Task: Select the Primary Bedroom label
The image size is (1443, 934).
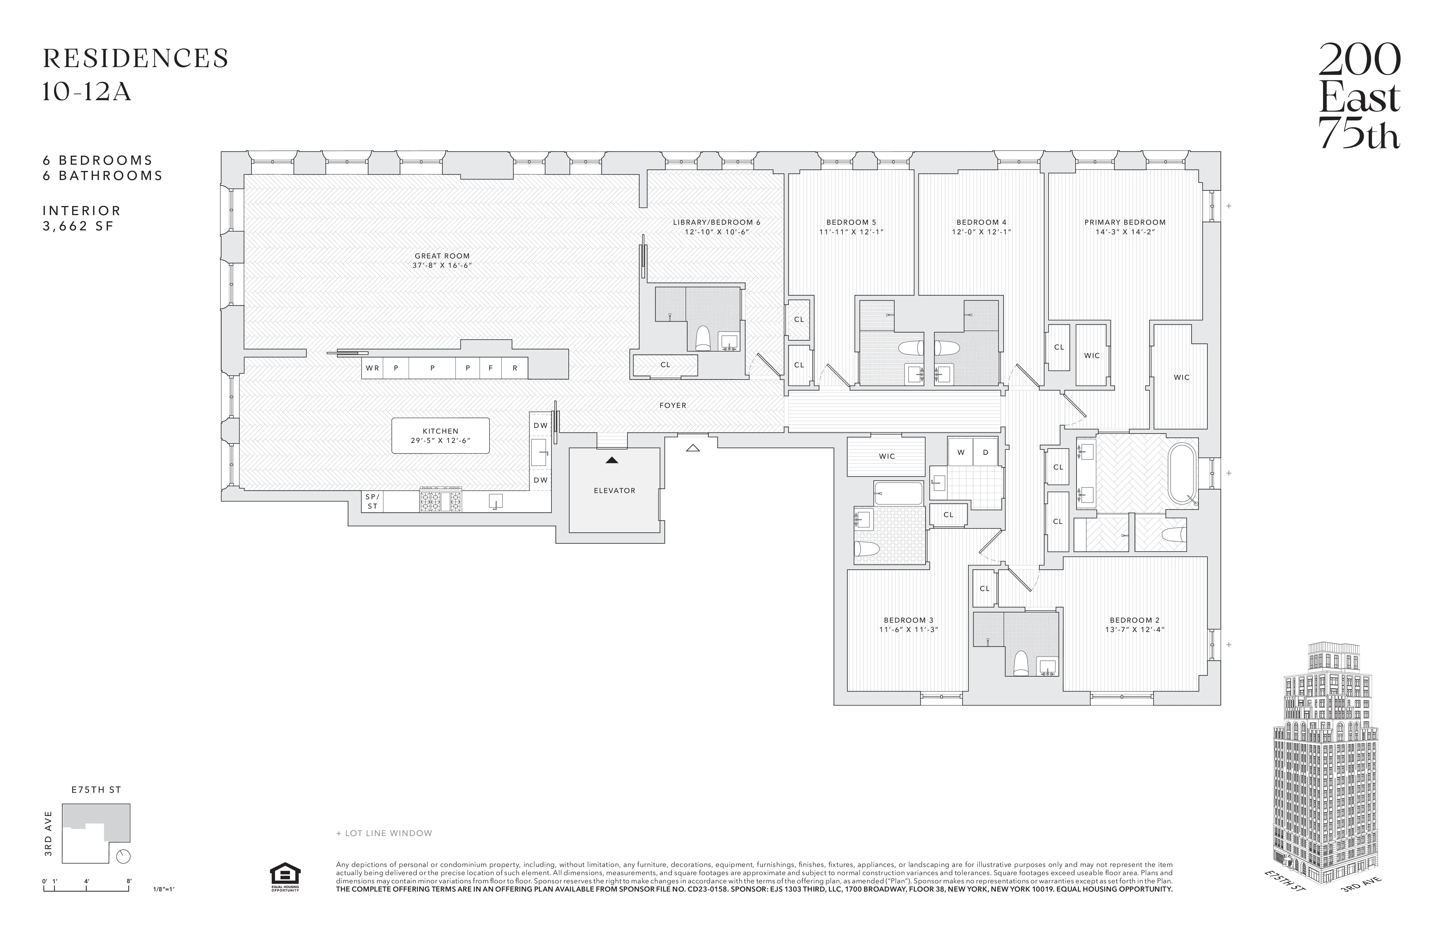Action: [x=1125, y=227]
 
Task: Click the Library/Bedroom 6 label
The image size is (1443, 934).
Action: [x=716, y=227]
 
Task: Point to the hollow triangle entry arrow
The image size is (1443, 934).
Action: [x=692, y=448]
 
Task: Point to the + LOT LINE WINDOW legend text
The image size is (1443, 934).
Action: [x=385, y=833]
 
